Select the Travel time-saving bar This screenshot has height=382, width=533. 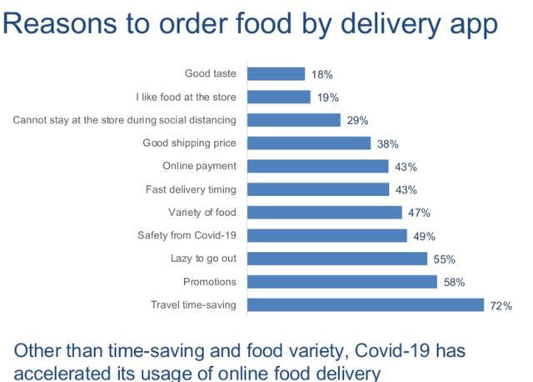(x=366, y=304)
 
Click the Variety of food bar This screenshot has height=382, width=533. (x=326, y=213)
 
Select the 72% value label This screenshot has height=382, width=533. (x=501, y=306)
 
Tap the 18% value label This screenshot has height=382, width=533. (x=322, y=75)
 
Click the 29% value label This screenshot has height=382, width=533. (x=358, y=121)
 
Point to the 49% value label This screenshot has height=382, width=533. (x=424, y=236)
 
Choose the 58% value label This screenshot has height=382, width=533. (x=454, y=283)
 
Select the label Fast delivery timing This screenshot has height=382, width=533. (x=191, y=189)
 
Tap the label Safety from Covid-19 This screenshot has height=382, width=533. (x=187, y=235)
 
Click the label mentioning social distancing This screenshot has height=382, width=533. (x=125, y=120)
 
